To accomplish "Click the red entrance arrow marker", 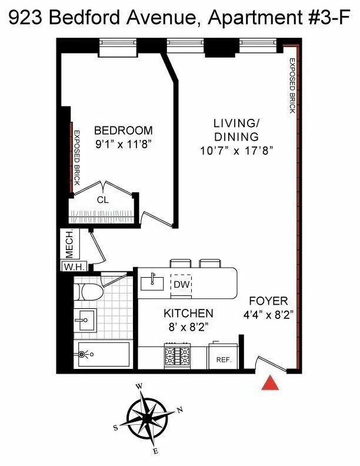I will pyautogui.click(x=270, y=382).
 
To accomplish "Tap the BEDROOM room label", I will pyautogui.click(x=123, y=131).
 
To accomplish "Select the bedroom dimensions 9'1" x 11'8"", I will pyautogui.click(x=123, y=144).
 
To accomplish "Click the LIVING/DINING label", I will pyautogui.click(x=236, y=130).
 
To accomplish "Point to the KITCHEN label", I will pyautogui.click(x=188, y=313).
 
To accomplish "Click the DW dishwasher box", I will pyautogui.click(x=181, y=285).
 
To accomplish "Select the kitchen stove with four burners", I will pyautogui.click(x=177, y=356).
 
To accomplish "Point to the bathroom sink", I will pyautogui.click(x=85, y=320).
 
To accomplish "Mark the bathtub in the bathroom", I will pyautogui.click(x=103, y=355).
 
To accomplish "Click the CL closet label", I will pyautogui.click(x=103, y=199).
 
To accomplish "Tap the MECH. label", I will pyautogui.click(x=68, y=243).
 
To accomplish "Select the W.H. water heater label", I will pyautogui.click(x=75, y=267).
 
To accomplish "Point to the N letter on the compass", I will pyautogui.click(x=181, y=410).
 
